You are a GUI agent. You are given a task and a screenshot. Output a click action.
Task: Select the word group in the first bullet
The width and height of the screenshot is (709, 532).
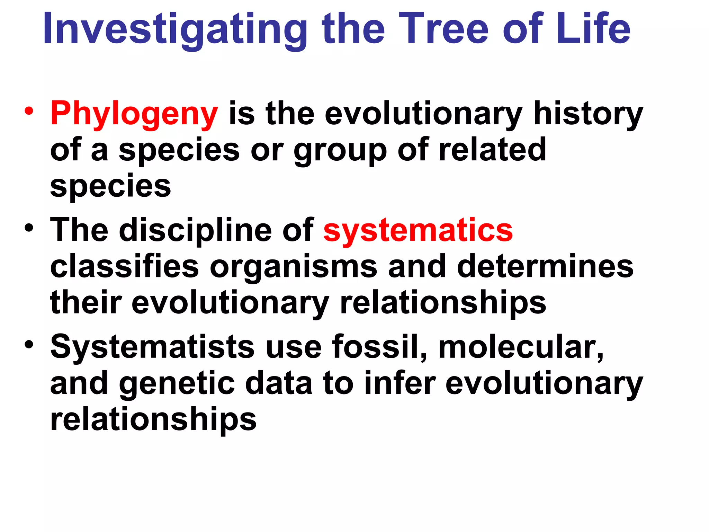click(340, 151)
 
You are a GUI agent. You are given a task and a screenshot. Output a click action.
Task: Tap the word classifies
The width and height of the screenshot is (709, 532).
click(125, 267)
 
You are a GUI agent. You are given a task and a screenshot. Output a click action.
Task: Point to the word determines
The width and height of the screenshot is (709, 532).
click(545, 267)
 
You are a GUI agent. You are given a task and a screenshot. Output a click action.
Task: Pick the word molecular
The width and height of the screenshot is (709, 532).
click(521, 347)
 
